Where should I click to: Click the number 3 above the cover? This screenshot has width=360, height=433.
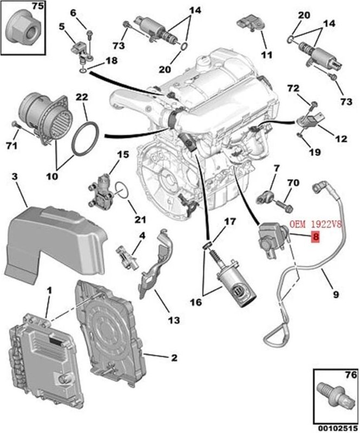[15, 177]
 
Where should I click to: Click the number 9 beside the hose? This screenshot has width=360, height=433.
[336, 295]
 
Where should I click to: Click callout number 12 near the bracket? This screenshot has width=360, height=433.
[341, 139]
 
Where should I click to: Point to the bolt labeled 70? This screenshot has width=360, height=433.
[285, 206]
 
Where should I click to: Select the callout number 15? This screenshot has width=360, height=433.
[123, 155]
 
